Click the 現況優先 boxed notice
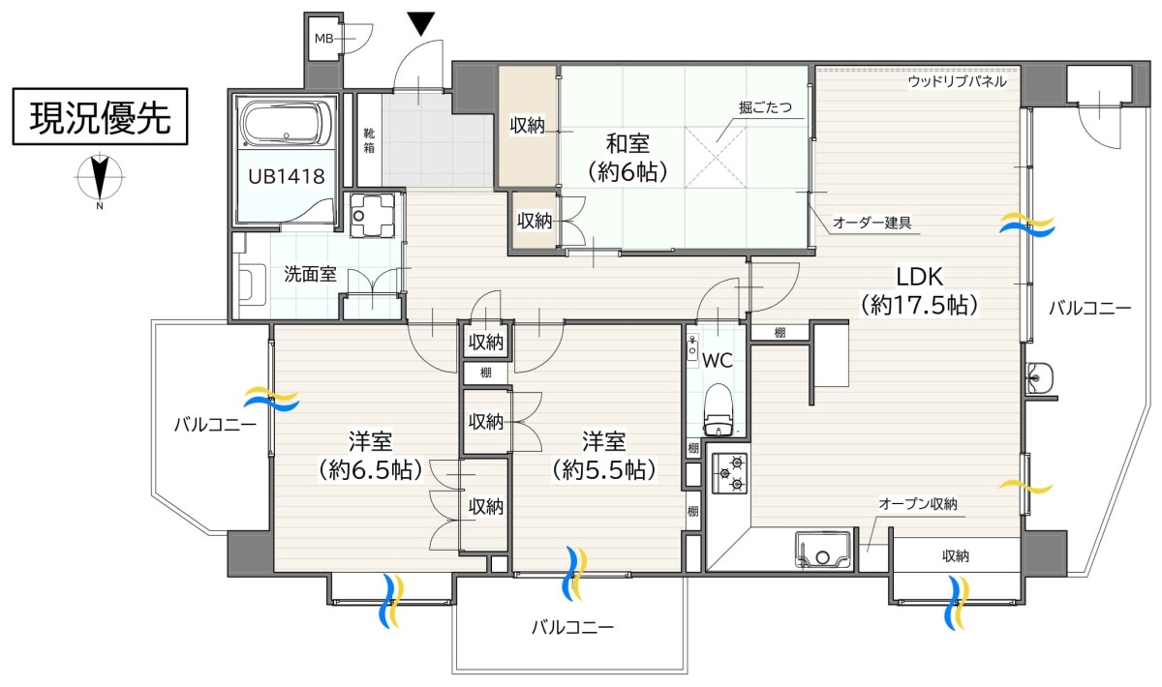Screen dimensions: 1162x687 click(100, 116)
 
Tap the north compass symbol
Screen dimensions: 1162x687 click(100, 178)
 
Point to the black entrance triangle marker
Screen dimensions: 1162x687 click(420, 24)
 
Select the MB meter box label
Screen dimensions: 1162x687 click(324, 39)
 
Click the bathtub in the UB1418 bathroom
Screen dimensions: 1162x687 click(288, 125)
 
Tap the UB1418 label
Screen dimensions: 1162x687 click(287, 177)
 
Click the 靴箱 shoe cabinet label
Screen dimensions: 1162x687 click(369, 141)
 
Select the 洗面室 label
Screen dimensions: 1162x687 click(310, 274)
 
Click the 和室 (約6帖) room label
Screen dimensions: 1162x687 click(627, 158)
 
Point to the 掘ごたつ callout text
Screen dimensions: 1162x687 click(765, 107)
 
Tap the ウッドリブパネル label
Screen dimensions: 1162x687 click(957, 81)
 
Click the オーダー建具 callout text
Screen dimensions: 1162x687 click(872, 223)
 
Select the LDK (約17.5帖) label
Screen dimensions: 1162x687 click(920, 291)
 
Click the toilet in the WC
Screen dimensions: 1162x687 click(718, 409)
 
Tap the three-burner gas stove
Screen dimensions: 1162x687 click(729, 472)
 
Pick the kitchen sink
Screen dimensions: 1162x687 click(824, 550)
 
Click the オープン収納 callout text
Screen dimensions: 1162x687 click(918, 503)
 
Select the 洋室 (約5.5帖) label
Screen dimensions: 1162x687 click(603, 455)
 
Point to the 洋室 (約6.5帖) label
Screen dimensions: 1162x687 click(370, 455)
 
